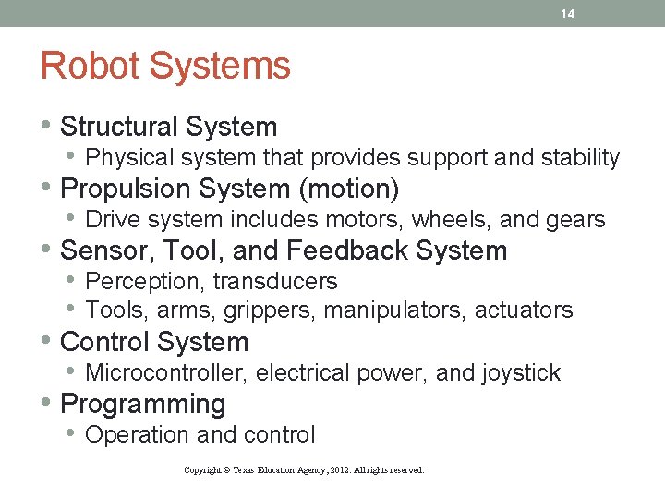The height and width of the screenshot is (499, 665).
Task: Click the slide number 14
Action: pos(566,14)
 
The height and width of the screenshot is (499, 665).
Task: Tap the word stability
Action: pos(576,158)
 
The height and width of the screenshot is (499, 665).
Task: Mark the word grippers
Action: pos(271,310)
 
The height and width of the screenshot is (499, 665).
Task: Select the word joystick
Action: pos(522,372)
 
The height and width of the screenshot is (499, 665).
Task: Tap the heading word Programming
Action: pos(142,405)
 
